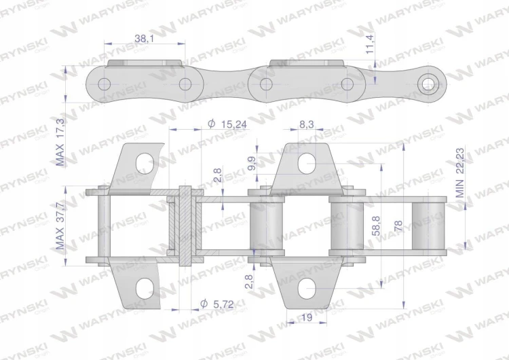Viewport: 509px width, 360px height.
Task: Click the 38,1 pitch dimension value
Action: tap(144, 39)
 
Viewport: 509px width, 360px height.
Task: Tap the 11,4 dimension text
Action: tap(370, 44)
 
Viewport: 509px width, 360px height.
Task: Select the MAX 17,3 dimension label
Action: tap(60, 143)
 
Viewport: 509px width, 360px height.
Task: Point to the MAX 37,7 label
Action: tap(60, 226)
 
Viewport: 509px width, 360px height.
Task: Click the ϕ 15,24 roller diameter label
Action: tap(227, 124)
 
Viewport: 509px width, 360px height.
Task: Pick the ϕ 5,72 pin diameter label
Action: tap(217, 304)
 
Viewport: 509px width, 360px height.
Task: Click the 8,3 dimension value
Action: tap(307, 124)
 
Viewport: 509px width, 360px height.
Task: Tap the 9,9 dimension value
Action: tap(252, 163)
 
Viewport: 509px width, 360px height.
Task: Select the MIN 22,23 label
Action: tap(460, 173)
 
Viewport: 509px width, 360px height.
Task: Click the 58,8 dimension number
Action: tap(377, 226)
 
